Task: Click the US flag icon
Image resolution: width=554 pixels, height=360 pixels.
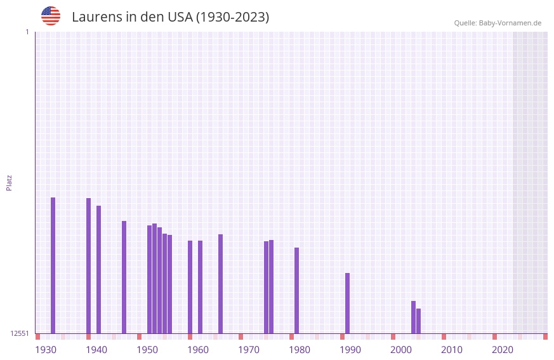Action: click(51, 16)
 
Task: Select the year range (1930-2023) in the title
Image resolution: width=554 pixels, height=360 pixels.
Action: click(232, 17)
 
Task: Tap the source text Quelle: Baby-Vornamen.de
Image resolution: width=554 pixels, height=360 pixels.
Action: click(498, 23)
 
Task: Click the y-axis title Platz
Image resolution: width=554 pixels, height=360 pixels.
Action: click(9, 182)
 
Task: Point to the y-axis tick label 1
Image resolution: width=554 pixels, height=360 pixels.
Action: click(27, 32)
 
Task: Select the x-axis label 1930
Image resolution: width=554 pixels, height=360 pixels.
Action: click(46, 350)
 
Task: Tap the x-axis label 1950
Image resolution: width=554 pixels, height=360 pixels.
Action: click(147, 350)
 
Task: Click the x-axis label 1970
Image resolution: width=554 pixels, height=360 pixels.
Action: click(249, 350)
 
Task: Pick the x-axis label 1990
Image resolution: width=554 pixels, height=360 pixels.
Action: click(350, 350)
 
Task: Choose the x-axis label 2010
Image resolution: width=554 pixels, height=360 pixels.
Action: click(452, 350)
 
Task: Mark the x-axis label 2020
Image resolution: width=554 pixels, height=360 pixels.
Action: click(503, 350)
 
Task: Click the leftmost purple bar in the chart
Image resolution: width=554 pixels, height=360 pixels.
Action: click(53, 265)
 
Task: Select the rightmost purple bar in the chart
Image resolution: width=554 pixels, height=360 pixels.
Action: click(419, 321)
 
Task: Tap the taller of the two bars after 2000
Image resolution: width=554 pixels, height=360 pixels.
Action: click(414, 317)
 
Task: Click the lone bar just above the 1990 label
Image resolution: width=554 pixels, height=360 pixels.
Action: click(348, 303)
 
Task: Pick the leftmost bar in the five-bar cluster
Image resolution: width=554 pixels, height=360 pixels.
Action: click(150, 279)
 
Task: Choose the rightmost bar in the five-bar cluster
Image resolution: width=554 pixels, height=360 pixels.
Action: click(170, 284)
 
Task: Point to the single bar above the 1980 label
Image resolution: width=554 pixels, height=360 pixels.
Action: click(297, 290)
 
